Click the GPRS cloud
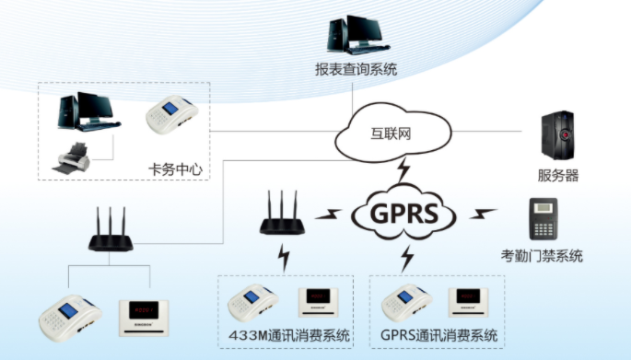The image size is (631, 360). [403, 214]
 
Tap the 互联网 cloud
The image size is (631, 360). [392, 133]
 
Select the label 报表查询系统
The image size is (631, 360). [356, 69]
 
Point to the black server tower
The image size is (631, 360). [557, 135]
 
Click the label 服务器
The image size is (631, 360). [557, 175]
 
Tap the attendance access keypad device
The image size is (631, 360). [543, 219]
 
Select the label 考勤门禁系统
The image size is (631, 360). [542, 256]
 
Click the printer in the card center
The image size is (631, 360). [72, 158]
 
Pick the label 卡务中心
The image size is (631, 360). [175, 169]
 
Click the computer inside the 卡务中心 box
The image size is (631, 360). [88, 111]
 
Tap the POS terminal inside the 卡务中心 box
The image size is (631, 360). [172, 114]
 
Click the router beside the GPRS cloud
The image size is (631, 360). [282, 213]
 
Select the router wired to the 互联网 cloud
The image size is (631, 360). [111, 229]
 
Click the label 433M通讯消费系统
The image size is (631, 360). [289, 335]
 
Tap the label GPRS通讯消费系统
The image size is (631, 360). [438, 335]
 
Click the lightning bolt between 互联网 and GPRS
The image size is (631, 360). [403, 170]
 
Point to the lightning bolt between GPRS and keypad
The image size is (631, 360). [484, 214]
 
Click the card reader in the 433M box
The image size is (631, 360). [318, 303]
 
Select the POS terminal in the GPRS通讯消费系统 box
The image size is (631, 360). [407, 303]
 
